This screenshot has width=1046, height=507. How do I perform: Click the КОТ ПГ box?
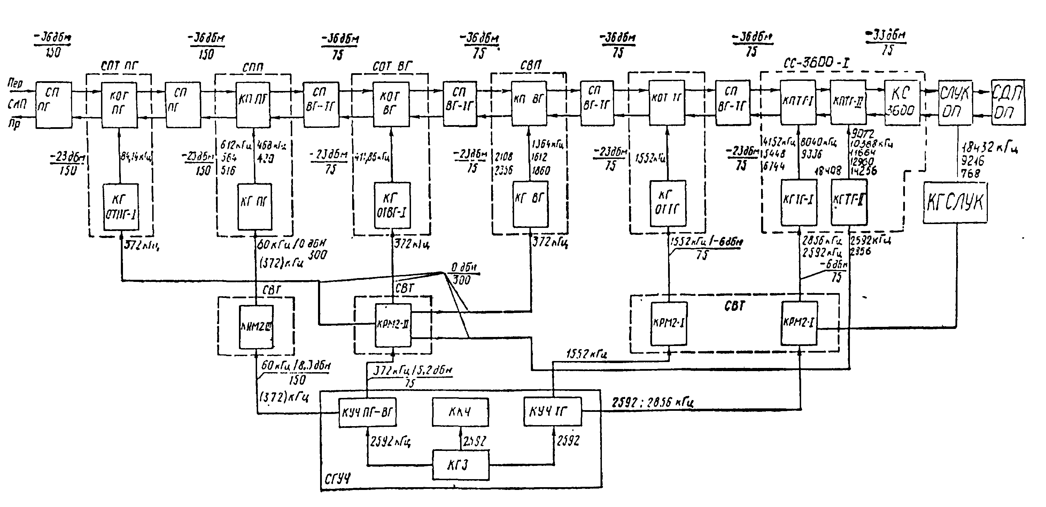pos(119,105)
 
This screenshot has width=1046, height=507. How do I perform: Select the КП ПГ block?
pos(253,105)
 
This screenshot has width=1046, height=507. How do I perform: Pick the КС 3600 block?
pos(901,102)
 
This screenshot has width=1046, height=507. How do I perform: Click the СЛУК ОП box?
pos(955,103)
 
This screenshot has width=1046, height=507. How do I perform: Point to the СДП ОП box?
pos(1007,102)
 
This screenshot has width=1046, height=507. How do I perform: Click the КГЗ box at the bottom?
pos(460,464)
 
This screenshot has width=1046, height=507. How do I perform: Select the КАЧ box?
pos(460,412)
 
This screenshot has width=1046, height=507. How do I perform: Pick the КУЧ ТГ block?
pos(552,412)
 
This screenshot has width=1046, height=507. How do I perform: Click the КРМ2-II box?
pos(393,325)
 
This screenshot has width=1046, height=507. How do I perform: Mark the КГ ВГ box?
pos(530,204)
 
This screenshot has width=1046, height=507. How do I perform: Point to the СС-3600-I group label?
pos(816,63)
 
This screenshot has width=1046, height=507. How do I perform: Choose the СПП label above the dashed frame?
pos(253,67)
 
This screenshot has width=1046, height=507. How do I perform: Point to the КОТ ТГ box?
pos(667,103)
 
